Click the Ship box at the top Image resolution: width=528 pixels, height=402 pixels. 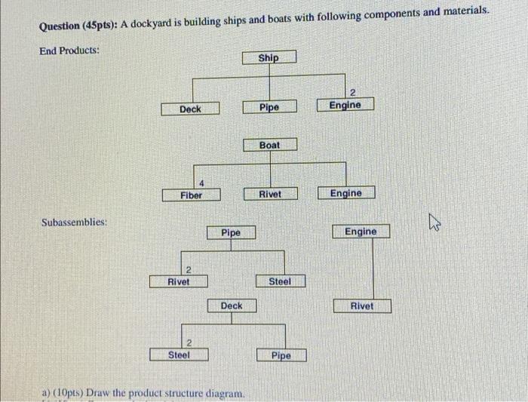coord(269,58)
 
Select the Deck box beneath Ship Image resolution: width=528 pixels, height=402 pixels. coord(190,109)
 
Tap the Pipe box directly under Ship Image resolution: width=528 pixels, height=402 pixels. coord(269,108)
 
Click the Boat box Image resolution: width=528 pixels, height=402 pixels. coord(269,145)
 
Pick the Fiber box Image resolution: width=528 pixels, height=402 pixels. coord(191,195)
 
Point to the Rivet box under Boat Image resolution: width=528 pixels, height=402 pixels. coord(269,194)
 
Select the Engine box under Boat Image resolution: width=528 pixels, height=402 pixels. coord(345,193)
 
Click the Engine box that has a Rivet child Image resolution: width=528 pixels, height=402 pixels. coord(361,232)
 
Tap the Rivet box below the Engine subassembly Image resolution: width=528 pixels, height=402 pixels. coord(361,305)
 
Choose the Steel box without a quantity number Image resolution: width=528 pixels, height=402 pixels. coord(279,281)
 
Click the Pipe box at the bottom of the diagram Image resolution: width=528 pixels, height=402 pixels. coord(281,355)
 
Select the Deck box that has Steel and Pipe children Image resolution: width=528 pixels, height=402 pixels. coord(232,305)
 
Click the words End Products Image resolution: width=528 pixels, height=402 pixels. coord(69,51)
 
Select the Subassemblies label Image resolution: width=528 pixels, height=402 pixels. coord(73,223)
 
